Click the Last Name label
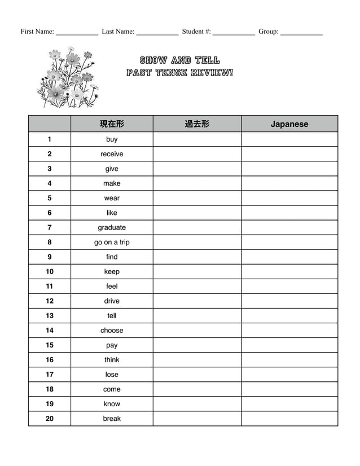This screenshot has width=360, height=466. (118, 32)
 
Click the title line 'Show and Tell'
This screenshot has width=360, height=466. (179, 60)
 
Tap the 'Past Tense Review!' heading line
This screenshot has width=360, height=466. (179, 73)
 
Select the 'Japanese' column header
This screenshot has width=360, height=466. (289, 124)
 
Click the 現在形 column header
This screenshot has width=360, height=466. (112, 124)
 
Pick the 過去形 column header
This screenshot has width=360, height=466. (197, 124)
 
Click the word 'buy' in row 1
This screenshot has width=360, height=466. (112, 139)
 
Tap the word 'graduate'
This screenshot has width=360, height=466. (112, 227)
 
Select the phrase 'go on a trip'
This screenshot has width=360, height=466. (112, 242)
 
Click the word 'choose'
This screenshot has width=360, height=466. (112, 331)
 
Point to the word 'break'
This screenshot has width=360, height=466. (112, 419)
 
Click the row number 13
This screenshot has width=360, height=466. (50, 316)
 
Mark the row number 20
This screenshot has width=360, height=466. (50, 419)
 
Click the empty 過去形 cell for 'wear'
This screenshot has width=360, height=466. (197, 198)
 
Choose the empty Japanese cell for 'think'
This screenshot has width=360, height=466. (289, 360)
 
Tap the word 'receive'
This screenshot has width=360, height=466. (112, 154)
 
